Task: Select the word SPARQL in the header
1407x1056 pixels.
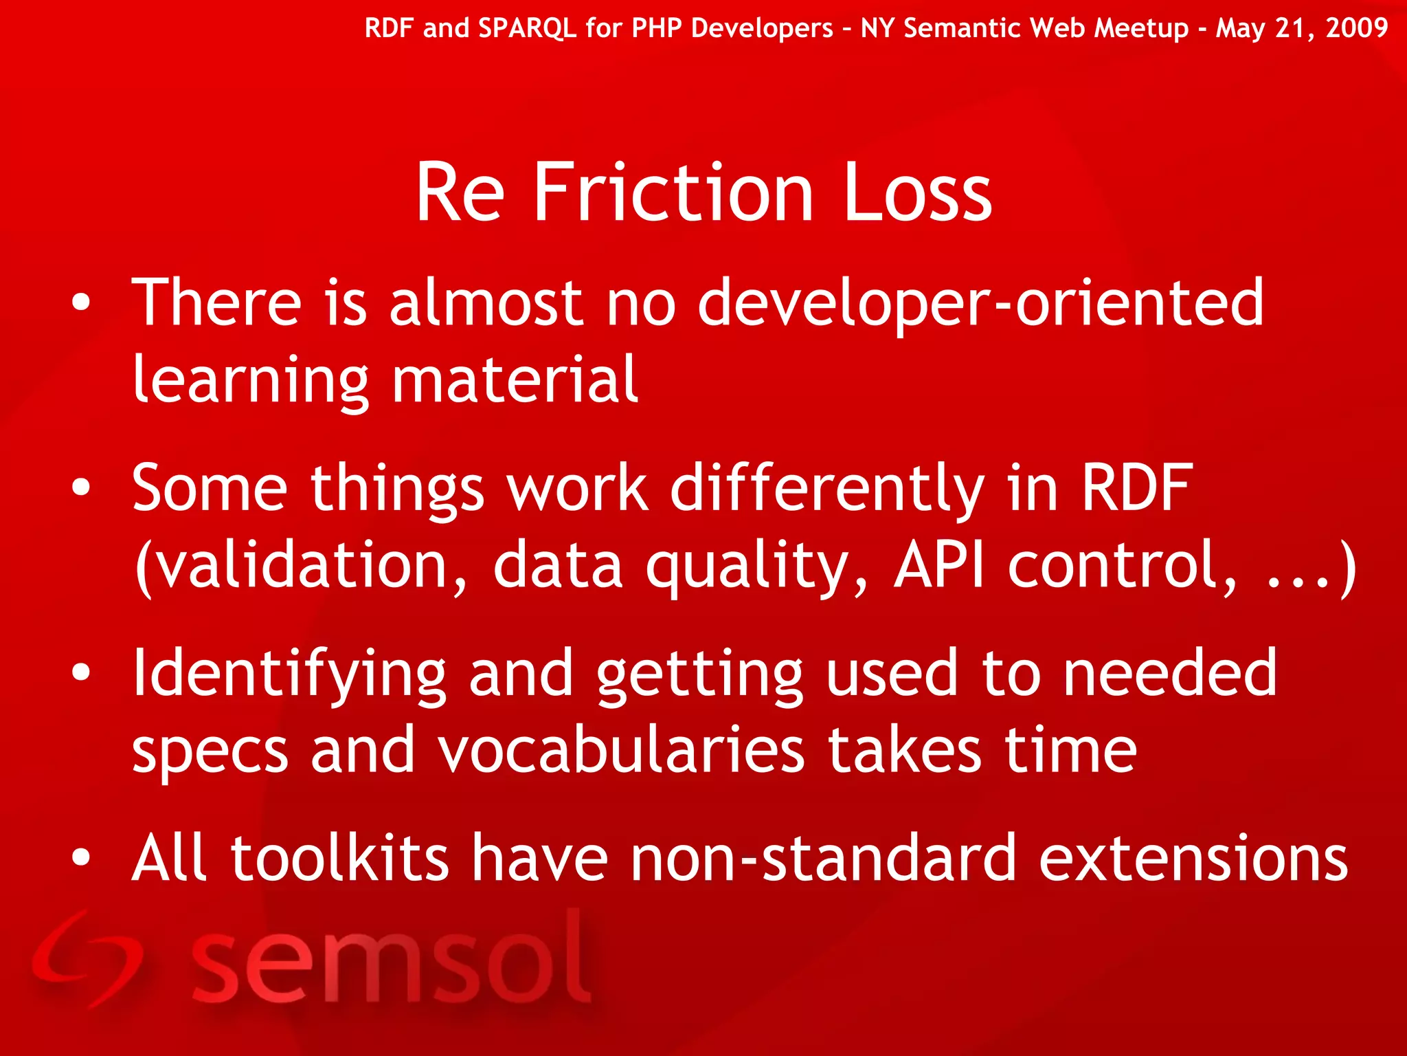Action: pyautogui.click(x=527, y=28)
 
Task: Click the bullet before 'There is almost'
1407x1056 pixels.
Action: pyautogui.click(x=81, y=302)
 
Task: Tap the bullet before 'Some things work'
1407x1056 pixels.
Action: pyautogui.click(x=81, y=487)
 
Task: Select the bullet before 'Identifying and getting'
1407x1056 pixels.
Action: pyautogui.click(x=81, y=673)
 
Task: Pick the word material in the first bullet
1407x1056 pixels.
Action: pyautogui.click(x=515, y=380)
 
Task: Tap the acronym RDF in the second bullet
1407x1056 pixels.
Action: pyautogui.click(x=1137, y=487)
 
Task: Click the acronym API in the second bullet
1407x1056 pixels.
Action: pyautogui.click(x=938, y=565)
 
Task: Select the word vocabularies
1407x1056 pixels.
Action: pyautogui.click(x=621, y=751)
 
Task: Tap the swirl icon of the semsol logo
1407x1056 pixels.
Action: pyautogui.click(x=86, y=959)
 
